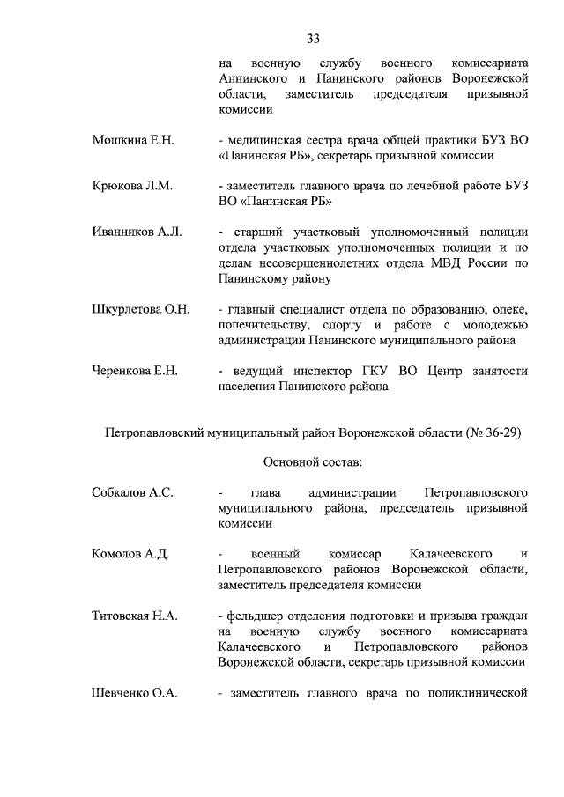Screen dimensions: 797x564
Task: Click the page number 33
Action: point(313,38)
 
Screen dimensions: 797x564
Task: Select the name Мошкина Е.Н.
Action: point(133,140)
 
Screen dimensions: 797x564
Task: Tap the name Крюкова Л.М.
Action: point(131,186)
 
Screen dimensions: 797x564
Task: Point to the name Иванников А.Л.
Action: point(137,232)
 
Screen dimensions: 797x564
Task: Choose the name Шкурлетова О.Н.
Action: point(141,309)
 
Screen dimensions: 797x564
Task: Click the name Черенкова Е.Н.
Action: point(135,371)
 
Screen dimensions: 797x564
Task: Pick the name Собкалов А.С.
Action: point(132,492)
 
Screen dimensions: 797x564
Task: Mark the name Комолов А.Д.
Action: point(130,554)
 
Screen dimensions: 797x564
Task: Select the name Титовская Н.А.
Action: point(135,616)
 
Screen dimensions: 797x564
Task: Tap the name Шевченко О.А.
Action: point(135,693)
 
